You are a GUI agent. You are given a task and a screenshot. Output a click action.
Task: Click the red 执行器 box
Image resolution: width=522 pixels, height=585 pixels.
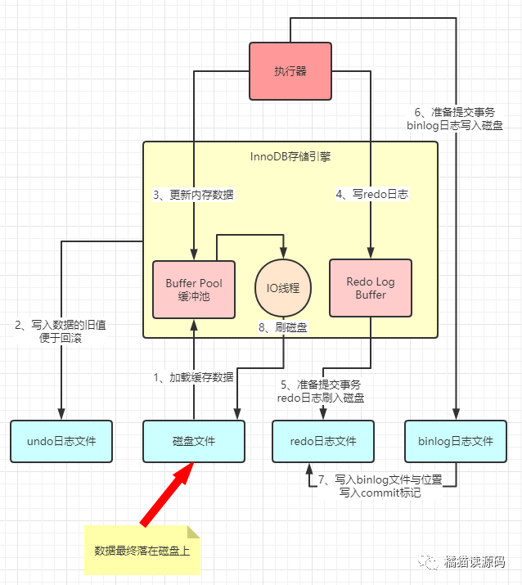(x=290, y=71)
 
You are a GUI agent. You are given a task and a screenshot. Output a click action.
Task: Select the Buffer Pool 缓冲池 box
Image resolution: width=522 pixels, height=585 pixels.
(x=194, y=289)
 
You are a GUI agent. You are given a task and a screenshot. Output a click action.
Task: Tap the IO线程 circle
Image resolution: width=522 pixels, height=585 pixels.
(x=284, y=288)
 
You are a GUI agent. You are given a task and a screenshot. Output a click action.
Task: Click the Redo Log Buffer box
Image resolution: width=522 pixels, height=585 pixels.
(x=370, y=288)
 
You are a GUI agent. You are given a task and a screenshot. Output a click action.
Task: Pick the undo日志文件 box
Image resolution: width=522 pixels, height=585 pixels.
(x=61, y=441)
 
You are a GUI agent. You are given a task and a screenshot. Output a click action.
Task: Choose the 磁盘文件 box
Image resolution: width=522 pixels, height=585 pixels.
(x=194, y=441)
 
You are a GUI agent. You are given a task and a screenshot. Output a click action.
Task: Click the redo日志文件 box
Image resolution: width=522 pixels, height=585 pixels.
(x=323, y=441)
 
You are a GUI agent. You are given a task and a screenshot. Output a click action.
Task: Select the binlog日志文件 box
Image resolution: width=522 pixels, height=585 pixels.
(x=456, y=441)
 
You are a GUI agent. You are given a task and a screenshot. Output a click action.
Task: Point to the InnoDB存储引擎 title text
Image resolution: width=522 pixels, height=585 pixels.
(x=290, y=155)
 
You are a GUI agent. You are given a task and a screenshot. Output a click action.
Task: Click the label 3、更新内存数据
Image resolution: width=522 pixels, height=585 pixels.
(x=193, y=195)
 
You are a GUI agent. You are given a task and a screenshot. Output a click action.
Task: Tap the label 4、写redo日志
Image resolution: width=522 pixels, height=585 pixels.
(x=372, y=195)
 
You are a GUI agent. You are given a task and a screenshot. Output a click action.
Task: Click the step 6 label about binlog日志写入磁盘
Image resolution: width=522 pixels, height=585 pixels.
(x=455, y=119)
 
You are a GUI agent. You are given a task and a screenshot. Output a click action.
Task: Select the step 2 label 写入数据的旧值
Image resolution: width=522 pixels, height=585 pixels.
(x=61, y=331)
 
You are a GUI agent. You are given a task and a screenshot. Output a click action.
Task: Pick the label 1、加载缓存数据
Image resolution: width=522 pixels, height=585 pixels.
(x=193, y=377)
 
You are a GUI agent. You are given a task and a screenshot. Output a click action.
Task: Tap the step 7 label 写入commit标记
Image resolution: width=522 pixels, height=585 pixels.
(x=379, y=487)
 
